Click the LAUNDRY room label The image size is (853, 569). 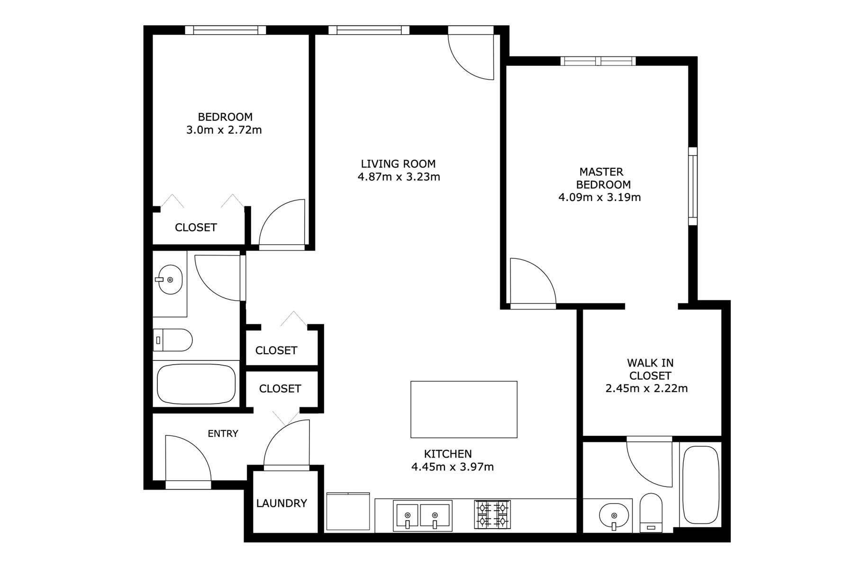pyautogui.click(x=281, y=503)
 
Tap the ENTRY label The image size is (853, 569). pyautogui.click(x=223, y=433)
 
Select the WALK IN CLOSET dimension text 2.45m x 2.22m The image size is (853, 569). pyautogui.click(x=647, y=389)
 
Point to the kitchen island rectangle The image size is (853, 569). pyautogui.click(x=463, y=409)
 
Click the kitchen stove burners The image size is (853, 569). pyautogui.click(x=492, y=514)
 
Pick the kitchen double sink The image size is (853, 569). pyautogui.click(x=423, y=515)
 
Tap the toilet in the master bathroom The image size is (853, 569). pyautogui.click(x=651, y=513)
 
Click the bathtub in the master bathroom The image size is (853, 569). pyautogui.click(x=700, y=485)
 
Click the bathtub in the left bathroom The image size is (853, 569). pyautogui.click(x=196, y=384)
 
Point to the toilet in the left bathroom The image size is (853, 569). pyautogui.click(x=172, y=340)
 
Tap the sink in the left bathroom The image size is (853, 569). pyautogui.click(x=170, y=280)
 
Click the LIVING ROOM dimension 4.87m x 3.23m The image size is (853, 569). pyautogui.click(x=399, y=177)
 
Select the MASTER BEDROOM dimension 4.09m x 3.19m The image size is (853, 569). pyautogui.click(x=600, y=197)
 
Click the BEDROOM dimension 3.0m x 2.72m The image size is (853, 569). pyautogui.click(x=224, y=130)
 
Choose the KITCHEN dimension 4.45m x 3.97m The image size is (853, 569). pyautogui.click(x=453, y=467)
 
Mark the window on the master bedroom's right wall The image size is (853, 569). pyautogui.click(x=693, y=186)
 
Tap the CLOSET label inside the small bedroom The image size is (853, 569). pyautogui.click(x=196, y=228)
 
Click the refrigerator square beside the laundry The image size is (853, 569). pyautogui.click(x=348, y=512)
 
